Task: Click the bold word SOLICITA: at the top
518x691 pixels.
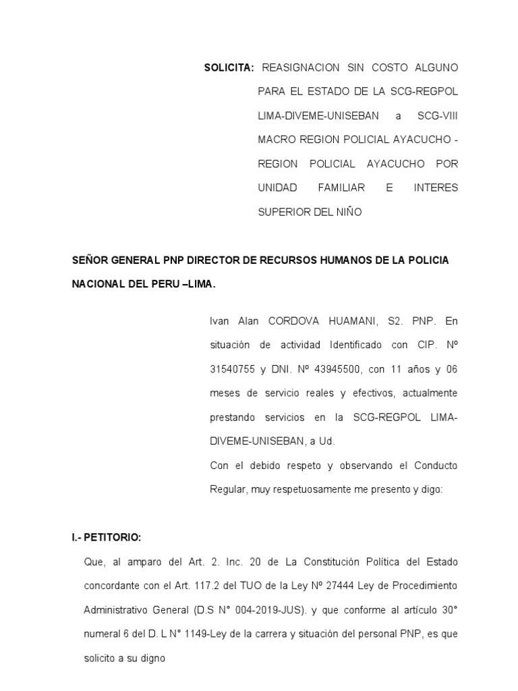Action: (229, 68)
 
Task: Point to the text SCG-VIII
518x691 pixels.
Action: (437, 116)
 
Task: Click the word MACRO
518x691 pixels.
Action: (277, 140)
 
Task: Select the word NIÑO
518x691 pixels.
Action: (347, 212)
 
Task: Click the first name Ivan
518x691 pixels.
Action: (220, 321)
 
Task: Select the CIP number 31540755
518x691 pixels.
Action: (233, 369)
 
